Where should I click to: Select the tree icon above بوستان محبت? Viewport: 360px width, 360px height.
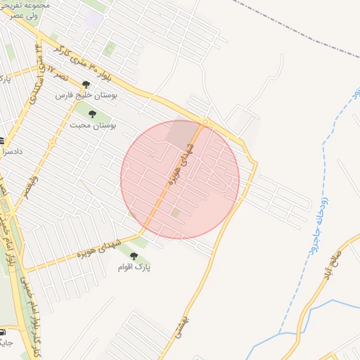pos(92,112)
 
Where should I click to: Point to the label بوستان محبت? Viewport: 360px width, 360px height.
pos(93,124)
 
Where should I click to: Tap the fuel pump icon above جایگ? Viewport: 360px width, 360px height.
pos(3,331)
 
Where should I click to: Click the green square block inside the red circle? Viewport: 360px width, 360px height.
pos(175,212)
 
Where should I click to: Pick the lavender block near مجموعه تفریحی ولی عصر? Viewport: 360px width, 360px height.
pos(92,19)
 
